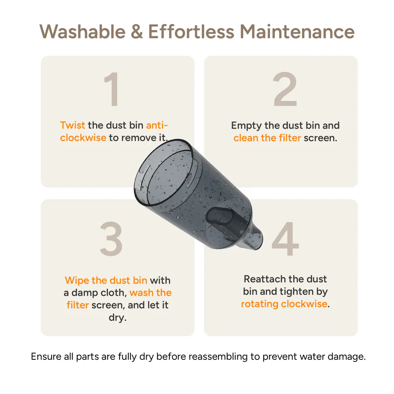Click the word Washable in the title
tap(82, 32)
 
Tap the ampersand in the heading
tap(137, 32)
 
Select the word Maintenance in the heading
tap(297, 32)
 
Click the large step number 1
tap(112, 89)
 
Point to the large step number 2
tap(285, 89)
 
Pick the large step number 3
tap(111, 239)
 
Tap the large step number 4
tap(285, 239)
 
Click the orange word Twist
tap(73, 125)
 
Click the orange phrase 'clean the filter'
tap(267, 138)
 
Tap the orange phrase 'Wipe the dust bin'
tap(106, 280)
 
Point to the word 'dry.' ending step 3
tap(118, 318)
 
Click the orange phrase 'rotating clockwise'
tap(284, 304)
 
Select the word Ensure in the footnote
tap(46, 356)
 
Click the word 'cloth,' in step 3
tap(113, 293)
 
